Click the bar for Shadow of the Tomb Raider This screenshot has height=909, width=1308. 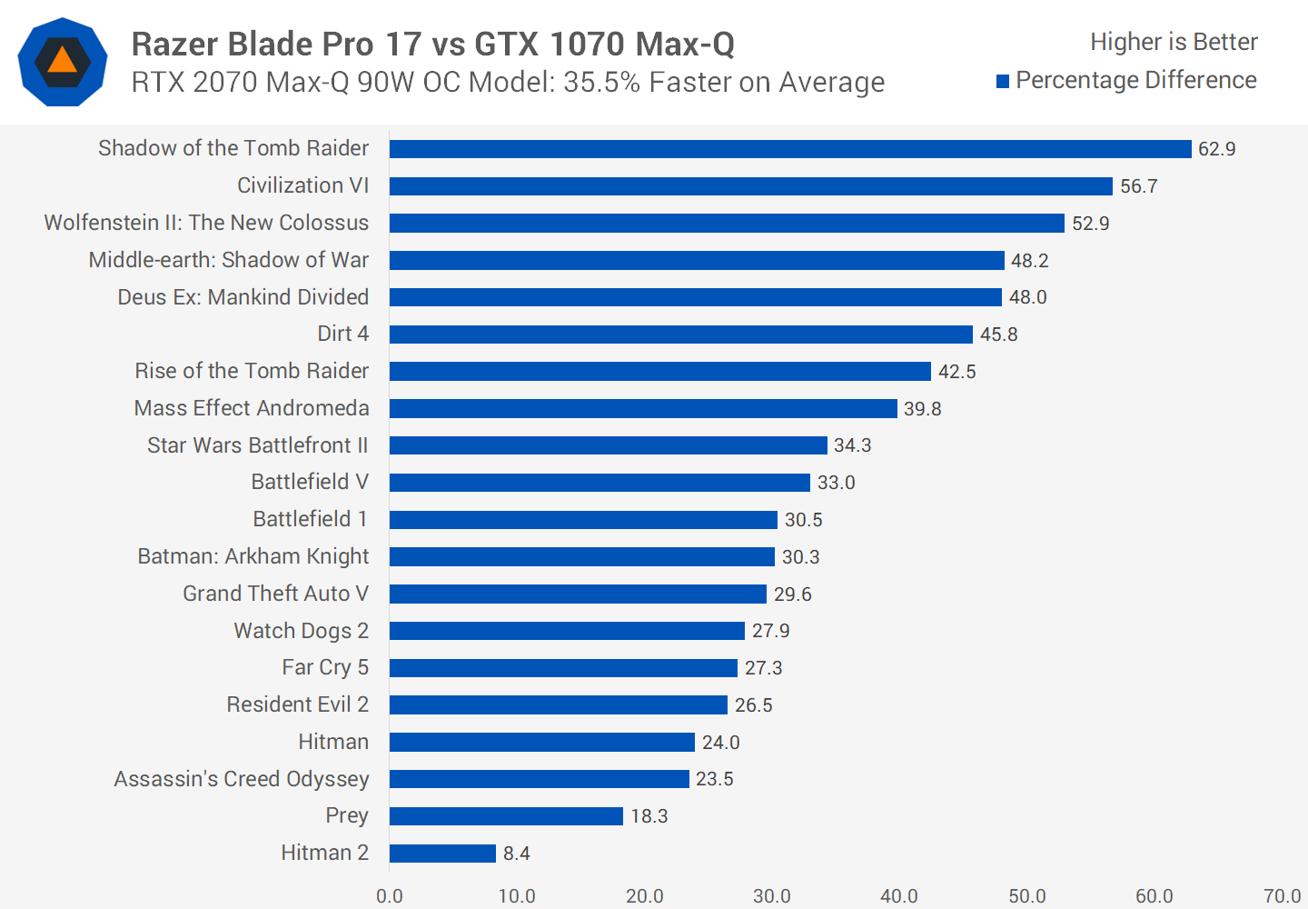pos(790,149)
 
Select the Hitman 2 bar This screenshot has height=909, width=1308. pos(442,854)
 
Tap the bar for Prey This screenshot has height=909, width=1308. pos(506,816)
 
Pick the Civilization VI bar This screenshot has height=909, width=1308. pos(750,186)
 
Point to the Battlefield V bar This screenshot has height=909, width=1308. pos(599,483)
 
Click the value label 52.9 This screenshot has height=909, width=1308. pos(1090,224)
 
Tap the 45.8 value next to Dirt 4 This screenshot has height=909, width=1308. pos(998,335)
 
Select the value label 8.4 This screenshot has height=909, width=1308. pos(516,854)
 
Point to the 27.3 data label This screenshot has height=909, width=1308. pos(763,668)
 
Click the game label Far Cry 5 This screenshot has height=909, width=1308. pos(324,667)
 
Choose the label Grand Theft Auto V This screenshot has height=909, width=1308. pos(275,594)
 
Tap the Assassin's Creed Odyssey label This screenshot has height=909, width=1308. pos(242,779)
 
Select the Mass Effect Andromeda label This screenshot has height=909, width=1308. pos(252,408)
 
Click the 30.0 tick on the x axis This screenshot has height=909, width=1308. pos(771,896)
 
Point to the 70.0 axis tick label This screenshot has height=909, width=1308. pos(1282,896)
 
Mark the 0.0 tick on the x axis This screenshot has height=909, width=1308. pos(390,896)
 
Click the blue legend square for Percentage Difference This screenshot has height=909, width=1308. pos(1003,82)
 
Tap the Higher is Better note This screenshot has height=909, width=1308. pos(1174,42)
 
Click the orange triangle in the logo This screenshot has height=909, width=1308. pos(62,60)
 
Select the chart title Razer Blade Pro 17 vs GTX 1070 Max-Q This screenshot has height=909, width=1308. pos(432,44)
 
